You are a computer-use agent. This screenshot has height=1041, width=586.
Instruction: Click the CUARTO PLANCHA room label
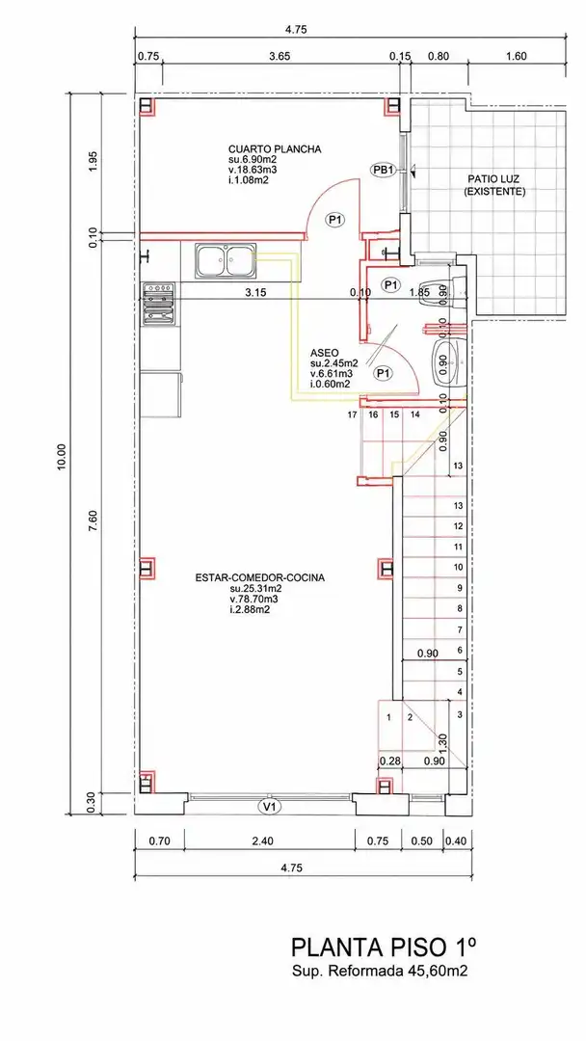point(275,149)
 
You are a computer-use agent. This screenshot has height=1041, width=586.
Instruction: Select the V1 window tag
point(270,807)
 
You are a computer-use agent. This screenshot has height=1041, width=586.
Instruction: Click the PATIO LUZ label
point(494,178)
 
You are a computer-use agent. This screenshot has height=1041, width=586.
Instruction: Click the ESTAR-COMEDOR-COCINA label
point(259,577)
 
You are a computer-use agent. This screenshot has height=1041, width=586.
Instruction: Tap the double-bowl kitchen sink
point(226,260)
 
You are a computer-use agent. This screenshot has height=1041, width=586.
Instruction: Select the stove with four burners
point(159,304)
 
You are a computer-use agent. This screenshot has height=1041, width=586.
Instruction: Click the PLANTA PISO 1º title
point(385,947)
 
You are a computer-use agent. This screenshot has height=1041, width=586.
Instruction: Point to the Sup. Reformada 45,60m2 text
point(380,972)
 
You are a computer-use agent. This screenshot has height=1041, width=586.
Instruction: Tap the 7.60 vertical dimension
point(93,519)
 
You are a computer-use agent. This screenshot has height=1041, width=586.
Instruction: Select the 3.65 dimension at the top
point(280,57)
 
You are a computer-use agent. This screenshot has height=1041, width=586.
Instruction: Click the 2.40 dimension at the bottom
point(263,841)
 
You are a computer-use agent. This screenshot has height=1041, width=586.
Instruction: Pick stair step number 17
point(353,414)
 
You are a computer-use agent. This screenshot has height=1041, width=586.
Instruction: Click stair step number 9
point(459,588)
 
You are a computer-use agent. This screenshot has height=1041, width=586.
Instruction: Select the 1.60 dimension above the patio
point(516,57)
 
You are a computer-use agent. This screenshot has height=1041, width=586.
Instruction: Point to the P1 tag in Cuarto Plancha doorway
point(334,219)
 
